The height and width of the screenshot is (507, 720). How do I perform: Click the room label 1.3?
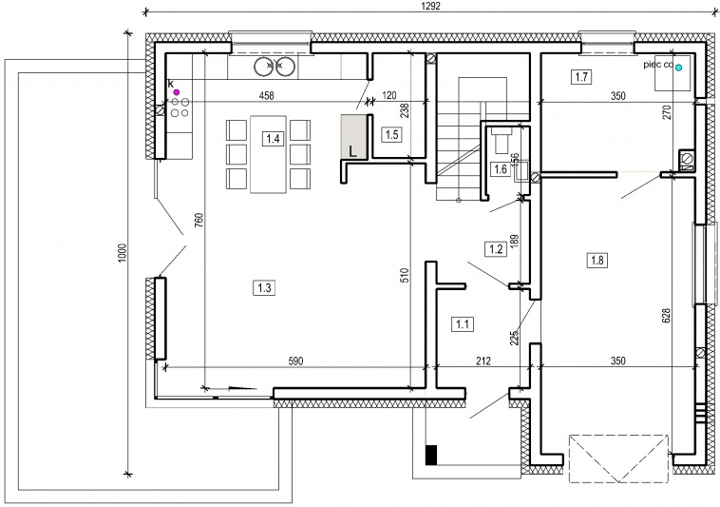coord(264,288)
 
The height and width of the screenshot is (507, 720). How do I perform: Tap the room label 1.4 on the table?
coord(273,138)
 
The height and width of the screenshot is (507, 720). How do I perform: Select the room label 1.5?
coord(391,135)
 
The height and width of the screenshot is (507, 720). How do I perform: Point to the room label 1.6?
coord(500,169)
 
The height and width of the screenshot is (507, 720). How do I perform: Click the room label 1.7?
coord(581,76)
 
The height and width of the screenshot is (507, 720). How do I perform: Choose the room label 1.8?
coord(597,261)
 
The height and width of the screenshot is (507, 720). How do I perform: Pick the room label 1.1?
coord(462,324)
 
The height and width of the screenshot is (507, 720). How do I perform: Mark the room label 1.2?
coord(496,249)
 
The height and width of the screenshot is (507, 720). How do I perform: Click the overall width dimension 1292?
coord(430,6)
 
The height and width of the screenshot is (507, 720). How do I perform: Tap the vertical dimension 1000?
coord(122,253)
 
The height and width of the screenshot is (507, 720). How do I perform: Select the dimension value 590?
coord(295,361)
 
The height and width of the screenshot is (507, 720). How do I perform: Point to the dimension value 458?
coord(266,96)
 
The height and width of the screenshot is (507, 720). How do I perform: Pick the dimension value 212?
coord(483,361)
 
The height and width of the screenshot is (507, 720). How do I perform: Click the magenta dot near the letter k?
coord(177,92)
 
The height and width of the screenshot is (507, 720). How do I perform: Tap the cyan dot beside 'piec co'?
coord(678,68)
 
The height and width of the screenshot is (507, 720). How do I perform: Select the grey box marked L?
coord(353,137)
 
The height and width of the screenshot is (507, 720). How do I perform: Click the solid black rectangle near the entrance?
coord(431,455)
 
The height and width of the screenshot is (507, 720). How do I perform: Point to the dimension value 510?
coord(404,276)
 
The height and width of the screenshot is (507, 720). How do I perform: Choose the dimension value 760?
coord(199,221)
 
